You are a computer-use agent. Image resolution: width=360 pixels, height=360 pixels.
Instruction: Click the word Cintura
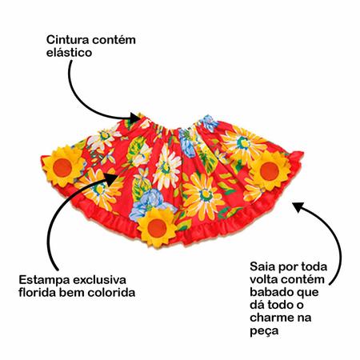[x=67, y=40]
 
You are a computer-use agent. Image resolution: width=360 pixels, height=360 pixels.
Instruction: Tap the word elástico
[x=69, y=53]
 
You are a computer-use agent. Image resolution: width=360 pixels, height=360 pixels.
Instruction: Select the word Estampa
[x=44, y=281]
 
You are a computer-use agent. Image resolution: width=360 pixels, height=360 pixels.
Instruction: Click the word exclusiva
[x=99, y=280]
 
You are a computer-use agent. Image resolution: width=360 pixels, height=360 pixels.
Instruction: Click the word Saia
[x=262, y=266]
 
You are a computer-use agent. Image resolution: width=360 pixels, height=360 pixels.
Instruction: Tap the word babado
[x=273, y=292]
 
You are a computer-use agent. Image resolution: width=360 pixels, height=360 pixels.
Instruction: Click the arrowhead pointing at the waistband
[x=134, y=117]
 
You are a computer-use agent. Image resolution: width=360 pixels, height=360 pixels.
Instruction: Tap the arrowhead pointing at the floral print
[x=111, y=178]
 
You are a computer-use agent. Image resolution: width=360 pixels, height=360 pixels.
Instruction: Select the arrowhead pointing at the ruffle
[x=298, y=207]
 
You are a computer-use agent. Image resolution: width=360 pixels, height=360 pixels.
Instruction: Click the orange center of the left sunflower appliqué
[x=62, y=167]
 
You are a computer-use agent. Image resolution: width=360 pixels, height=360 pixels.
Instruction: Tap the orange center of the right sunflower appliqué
[x=270, y=171]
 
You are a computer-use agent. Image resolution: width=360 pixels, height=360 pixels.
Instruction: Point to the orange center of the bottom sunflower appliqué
[x=157, y=228]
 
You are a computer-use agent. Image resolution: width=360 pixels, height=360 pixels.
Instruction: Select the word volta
[x=264, y=279]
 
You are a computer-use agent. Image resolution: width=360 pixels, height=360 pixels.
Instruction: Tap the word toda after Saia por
[x=313, y=266]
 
